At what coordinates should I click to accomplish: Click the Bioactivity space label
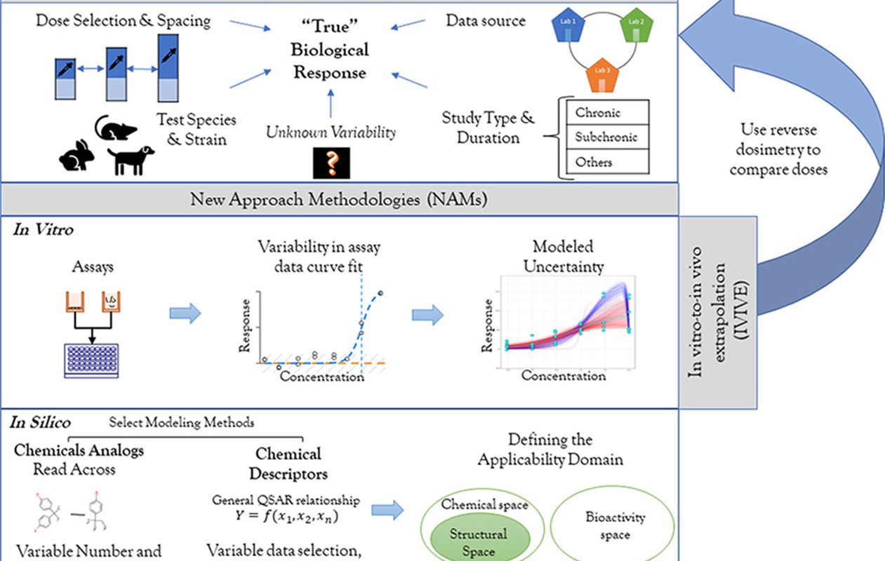point(615,526)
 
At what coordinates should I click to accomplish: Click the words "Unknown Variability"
point(331,132)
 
